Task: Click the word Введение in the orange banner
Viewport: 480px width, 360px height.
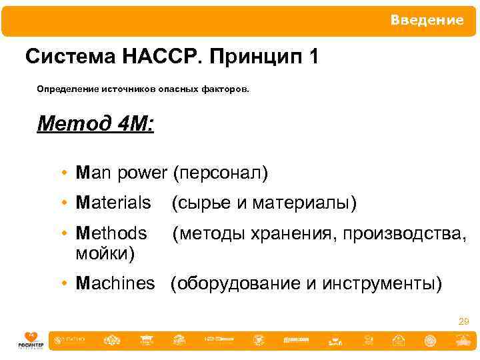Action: [x=427, y=21]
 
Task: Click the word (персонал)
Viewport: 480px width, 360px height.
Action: [x=220, y=173]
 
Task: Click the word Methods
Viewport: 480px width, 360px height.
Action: [x=111, y=233]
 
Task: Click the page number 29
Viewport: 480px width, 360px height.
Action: [x=464, y=322]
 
